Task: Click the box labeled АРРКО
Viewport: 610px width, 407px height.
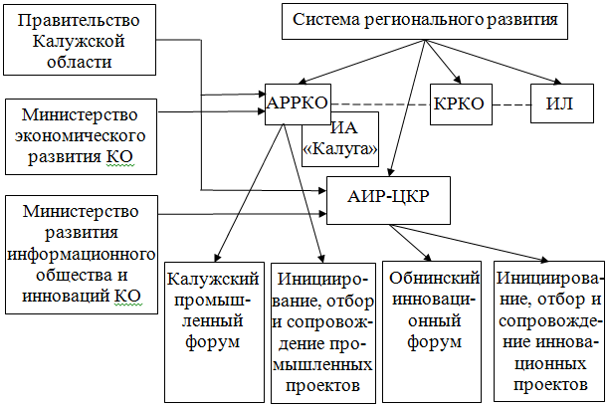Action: coord(298,102)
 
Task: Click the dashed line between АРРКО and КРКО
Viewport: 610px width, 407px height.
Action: coord(378,104)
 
